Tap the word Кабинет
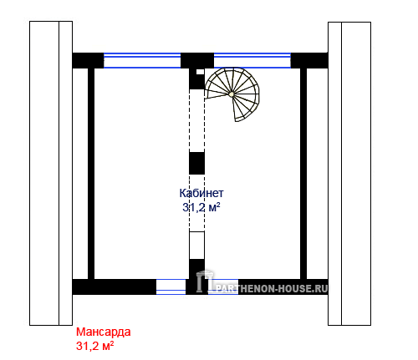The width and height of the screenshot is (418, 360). (x=201, y=193)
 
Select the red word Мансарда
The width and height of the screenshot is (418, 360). (x=104, y=332)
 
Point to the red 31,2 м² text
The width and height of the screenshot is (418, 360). (x=94, y=346)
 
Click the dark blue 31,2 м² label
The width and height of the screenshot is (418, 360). (x=201, y=207)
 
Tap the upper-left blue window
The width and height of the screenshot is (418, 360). (x=142, y=60)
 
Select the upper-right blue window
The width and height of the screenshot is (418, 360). (x=252, y=60)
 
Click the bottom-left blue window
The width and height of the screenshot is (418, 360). (x=171, y=286)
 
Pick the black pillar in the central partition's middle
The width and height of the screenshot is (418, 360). (x=196, y=163)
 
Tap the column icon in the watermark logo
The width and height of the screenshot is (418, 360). (x=205, y=281)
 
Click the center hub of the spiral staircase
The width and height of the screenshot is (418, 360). (x=232, y=94)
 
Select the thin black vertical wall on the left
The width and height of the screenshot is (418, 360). (x=91, y=174)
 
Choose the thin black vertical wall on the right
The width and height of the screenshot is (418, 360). (x=303, y=174)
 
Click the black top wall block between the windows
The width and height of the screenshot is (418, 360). (x=197, y=60)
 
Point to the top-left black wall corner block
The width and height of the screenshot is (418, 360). (x=88, y=60)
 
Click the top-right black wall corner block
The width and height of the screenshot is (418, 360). (x=309, y=60)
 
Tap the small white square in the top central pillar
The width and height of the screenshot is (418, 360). (x=200, y=72)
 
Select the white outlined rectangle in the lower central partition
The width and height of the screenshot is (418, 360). (x=196, y=246)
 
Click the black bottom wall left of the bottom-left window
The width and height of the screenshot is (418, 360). (x=115, y=286)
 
